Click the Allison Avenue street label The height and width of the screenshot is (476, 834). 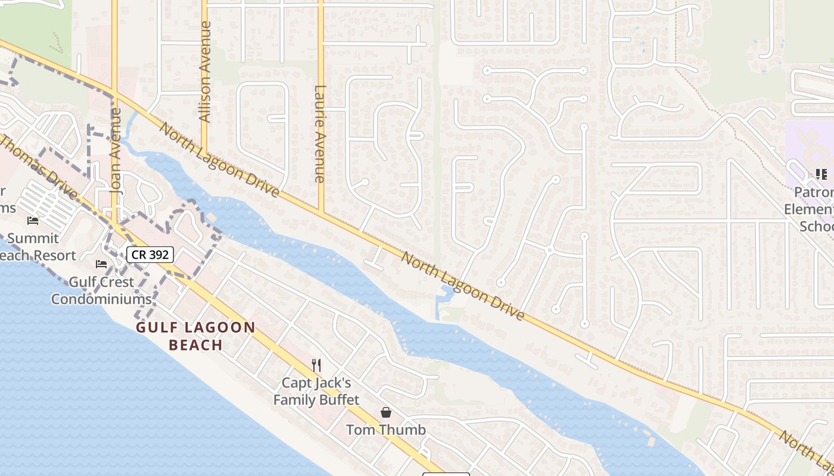(x=206, y=72)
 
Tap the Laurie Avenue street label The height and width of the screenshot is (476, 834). (x=320, y=133)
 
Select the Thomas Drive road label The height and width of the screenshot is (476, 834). (x=39, y=167)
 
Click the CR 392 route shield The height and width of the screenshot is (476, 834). (x=150, y=255)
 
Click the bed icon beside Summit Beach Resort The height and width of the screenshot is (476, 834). (x=33, y=221)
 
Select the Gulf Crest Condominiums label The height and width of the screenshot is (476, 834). (x=101, y=290)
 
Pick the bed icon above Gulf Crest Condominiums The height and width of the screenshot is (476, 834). (x=101, y=264)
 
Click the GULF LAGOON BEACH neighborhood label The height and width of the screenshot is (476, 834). (x=195, y=336)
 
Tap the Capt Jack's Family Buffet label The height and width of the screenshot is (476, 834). (x=316, y=391)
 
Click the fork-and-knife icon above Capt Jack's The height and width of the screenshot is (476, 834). (x=316, y=365)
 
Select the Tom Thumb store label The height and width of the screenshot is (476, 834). (x=386, y=430)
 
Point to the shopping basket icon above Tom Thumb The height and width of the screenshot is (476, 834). (x=386, y=412)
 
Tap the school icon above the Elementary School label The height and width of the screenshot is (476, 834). (x=821, y=174)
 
